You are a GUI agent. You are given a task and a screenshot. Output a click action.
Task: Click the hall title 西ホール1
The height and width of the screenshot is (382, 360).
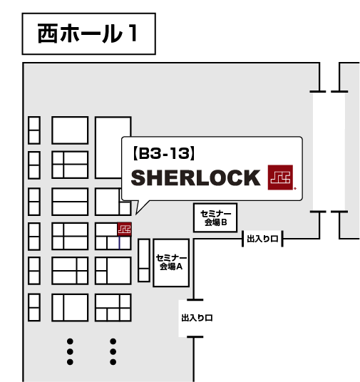[x=88, y=33]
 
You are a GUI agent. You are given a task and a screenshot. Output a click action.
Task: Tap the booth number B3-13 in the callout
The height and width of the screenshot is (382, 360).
[x=164, y=154]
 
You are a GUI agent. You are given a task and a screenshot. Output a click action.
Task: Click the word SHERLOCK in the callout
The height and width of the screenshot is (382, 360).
[x=196, y=177]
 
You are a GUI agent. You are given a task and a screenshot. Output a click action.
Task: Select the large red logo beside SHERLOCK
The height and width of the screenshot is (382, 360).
[x=280, y=177]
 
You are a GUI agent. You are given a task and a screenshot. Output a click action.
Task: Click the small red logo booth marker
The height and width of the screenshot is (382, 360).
[x=125, y=229]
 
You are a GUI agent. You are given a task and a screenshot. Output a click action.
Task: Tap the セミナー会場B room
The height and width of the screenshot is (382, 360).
[x=215, y=218]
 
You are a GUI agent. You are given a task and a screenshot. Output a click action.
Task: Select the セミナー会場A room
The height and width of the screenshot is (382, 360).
[x=171, y=262]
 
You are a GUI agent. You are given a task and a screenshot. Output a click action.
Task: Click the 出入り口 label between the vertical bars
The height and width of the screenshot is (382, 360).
[x=262, y=239]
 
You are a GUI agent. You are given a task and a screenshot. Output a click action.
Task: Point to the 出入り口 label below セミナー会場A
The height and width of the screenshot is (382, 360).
[x=197, y=318]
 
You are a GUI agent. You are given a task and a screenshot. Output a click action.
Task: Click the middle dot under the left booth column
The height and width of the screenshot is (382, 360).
[x=70, y=351]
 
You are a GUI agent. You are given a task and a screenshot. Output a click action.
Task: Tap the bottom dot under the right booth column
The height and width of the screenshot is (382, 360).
[x=113, y=362]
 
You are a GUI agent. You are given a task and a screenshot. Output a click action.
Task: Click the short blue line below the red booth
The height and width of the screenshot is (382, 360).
[x=120, y=242]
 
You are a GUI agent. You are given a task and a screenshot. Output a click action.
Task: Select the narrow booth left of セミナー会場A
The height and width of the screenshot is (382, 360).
[x=144, y=260]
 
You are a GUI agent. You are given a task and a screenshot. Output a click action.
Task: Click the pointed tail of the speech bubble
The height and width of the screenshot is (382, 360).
[x=136, y=214]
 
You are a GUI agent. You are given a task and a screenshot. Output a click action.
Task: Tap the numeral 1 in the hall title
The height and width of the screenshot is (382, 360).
[x=133, y=33]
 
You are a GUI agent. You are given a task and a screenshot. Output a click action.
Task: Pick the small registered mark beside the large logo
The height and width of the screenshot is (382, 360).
[x=295, y=188]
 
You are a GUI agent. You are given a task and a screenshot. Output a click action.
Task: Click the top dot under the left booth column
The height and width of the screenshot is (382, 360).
[x=70, y=341]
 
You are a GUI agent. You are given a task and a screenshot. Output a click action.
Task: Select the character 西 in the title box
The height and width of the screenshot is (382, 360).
[x=48, y=33]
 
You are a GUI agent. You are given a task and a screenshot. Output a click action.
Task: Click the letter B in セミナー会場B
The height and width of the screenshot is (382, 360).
[x=224, y=222]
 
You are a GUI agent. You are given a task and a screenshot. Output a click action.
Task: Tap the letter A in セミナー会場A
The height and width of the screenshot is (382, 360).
[x=180, y=267]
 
